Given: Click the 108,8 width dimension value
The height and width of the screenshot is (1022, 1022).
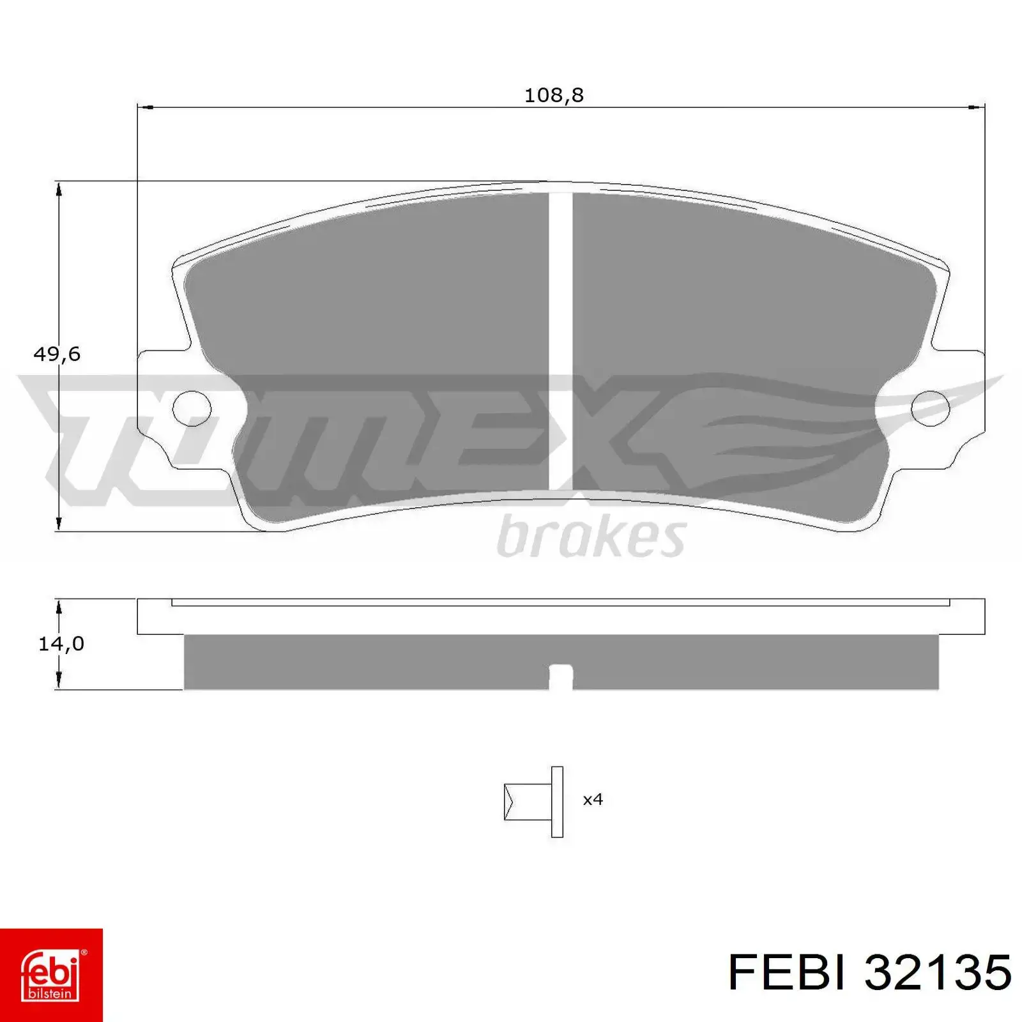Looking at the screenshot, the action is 554,95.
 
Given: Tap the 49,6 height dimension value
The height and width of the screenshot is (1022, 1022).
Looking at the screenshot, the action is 57,354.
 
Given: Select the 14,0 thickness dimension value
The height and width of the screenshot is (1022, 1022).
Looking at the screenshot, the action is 61,644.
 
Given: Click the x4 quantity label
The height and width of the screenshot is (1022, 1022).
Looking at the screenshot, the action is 593,799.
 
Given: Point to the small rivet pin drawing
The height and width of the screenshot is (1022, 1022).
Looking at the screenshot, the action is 534,802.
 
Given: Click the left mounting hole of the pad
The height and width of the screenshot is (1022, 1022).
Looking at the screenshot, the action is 192,407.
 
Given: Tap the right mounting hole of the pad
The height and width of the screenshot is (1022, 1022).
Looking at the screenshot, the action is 931,408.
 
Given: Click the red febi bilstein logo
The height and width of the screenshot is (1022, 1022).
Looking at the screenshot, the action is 51,975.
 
